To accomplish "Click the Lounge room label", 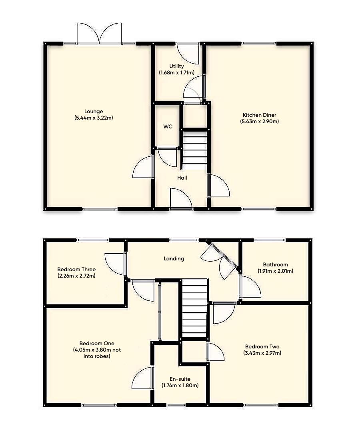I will [x=94, y=111].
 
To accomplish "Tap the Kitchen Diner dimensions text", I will [x=259, y=121].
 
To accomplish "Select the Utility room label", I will [x=176, y=66].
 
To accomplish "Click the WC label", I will [x=168, y=126].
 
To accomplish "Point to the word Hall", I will [x=182, y=178].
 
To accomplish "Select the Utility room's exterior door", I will [x=188, y=53].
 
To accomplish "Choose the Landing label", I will [x=174, y=258].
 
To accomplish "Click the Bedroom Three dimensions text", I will [x=76, y=276].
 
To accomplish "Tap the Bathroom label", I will [x=275, y=264].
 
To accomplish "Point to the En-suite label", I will [x=180, y=379].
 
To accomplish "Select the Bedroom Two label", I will [x=262, y=346].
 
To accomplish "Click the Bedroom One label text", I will [x=97, y=343].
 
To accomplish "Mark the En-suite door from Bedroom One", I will [x=143, y=378].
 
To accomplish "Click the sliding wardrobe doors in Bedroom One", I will [x=159, y=311].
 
